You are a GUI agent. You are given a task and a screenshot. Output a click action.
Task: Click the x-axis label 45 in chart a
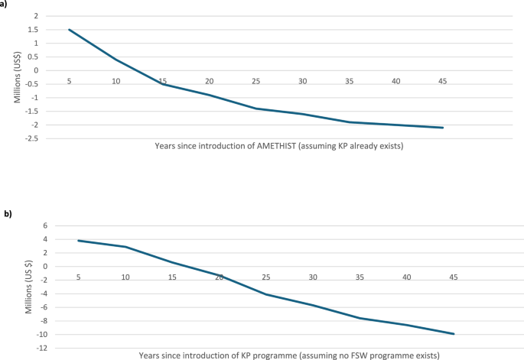tap(443, 80)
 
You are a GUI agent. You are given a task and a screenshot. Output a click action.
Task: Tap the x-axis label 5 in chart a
tap(69, 80)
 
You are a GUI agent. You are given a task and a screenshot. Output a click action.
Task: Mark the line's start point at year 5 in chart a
tap(69, 30)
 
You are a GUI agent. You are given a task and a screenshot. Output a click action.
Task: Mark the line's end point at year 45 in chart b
tap(454, 334)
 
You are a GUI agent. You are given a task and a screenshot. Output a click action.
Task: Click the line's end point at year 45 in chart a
tap(443, 128)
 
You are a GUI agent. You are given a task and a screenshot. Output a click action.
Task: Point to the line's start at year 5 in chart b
tap(78, 241)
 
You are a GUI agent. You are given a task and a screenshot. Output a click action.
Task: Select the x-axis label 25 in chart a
tap(255, 80)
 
